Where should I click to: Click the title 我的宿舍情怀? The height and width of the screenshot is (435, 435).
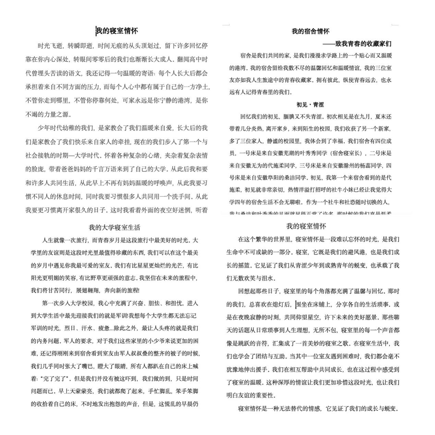tap(310, 32)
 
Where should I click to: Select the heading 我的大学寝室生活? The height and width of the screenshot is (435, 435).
tap(114, 227)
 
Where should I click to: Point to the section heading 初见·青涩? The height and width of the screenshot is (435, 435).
tap(310, 105)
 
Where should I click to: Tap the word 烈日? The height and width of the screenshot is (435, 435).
tap(70, 328)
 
